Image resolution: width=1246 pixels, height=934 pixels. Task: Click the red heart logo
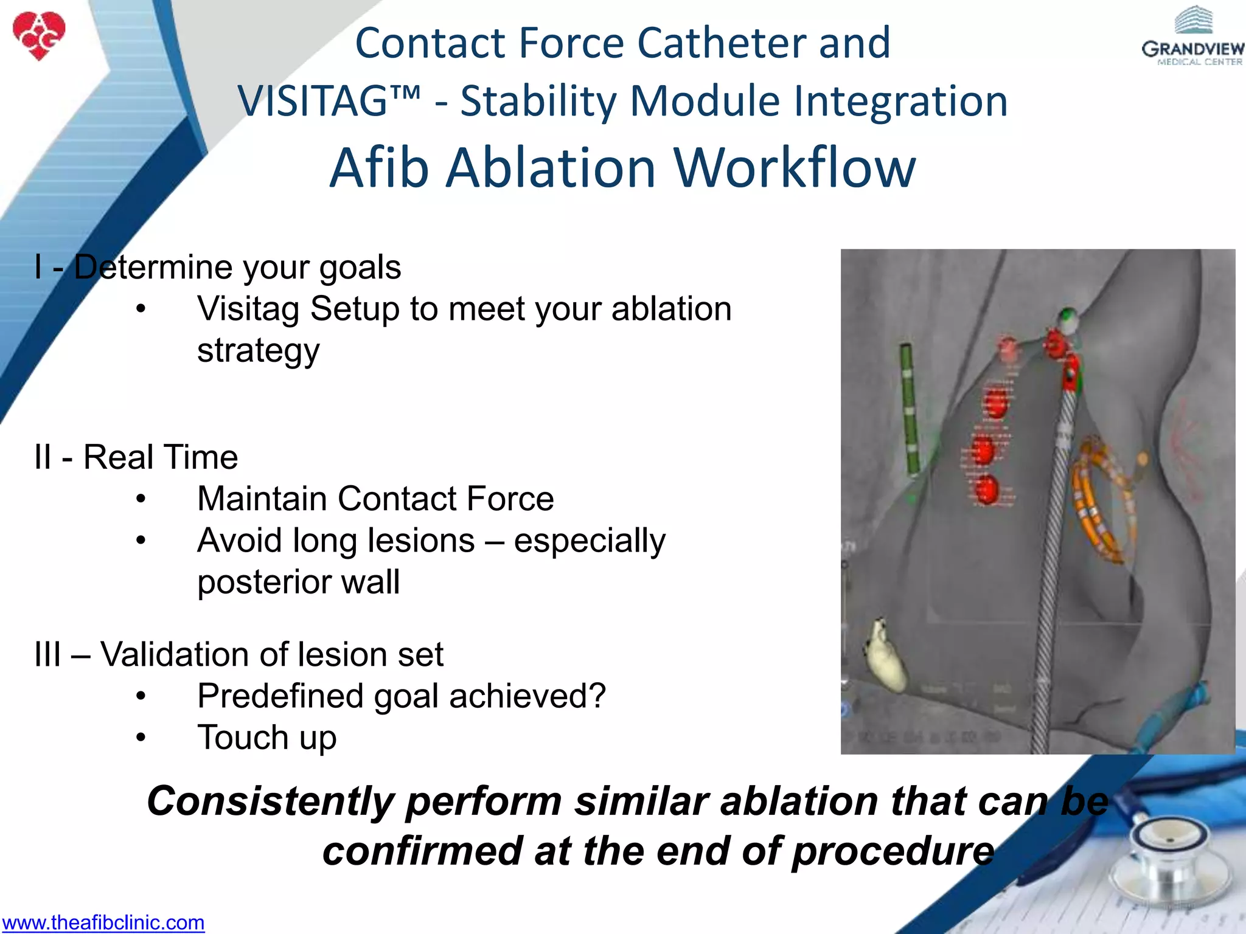pyautogui.click(x=39, y=35)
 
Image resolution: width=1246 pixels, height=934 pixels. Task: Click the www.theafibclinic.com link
pyautogui.click(x=103, y=922)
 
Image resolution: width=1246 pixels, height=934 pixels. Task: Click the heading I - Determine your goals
pyautogui.click(x=218, y=268)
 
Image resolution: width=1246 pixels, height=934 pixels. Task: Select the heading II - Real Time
pyautogui.click(x=136, y=457)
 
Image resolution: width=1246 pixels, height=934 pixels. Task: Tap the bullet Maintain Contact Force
pyautogui.click(x=375, y=499)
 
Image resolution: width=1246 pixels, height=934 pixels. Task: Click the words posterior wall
pyautogui.click(x=298, y=582)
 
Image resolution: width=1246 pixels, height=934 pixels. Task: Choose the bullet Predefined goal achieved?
pyautogui.click(x=402, y=696)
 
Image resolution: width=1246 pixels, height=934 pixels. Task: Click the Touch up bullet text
pyautogui.click(x=266, y=738)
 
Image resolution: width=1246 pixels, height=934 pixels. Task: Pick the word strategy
pyautogui.click(x=258, y=351)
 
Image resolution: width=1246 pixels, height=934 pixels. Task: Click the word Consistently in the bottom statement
pyautogui.click(x=271, y=801)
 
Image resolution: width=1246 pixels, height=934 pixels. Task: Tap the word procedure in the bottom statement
pyautogui.click(x=893, y=851)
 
